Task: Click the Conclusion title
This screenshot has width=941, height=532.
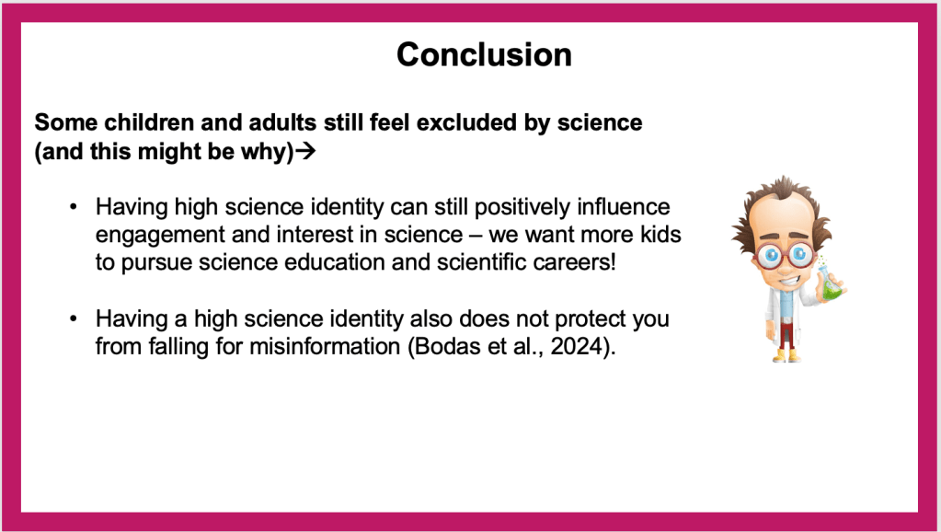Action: pyautogui.click(x=484, y=54)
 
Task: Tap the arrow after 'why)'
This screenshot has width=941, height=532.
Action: pyautogui.click(x=305, y=151)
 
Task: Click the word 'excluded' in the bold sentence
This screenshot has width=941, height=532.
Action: pyautogui.click(x=465, y=122)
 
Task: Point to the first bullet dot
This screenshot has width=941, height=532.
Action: pyautogui.click(x=74, y=207)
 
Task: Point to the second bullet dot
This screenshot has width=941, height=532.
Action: pyautogui.click(x=74, y=318)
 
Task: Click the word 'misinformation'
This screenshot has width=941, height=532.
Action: pyautogui.click(x=326, y=346)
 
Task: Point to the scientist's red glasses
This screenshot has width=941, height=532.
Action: pyautogui.click(x=784, y=256)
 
